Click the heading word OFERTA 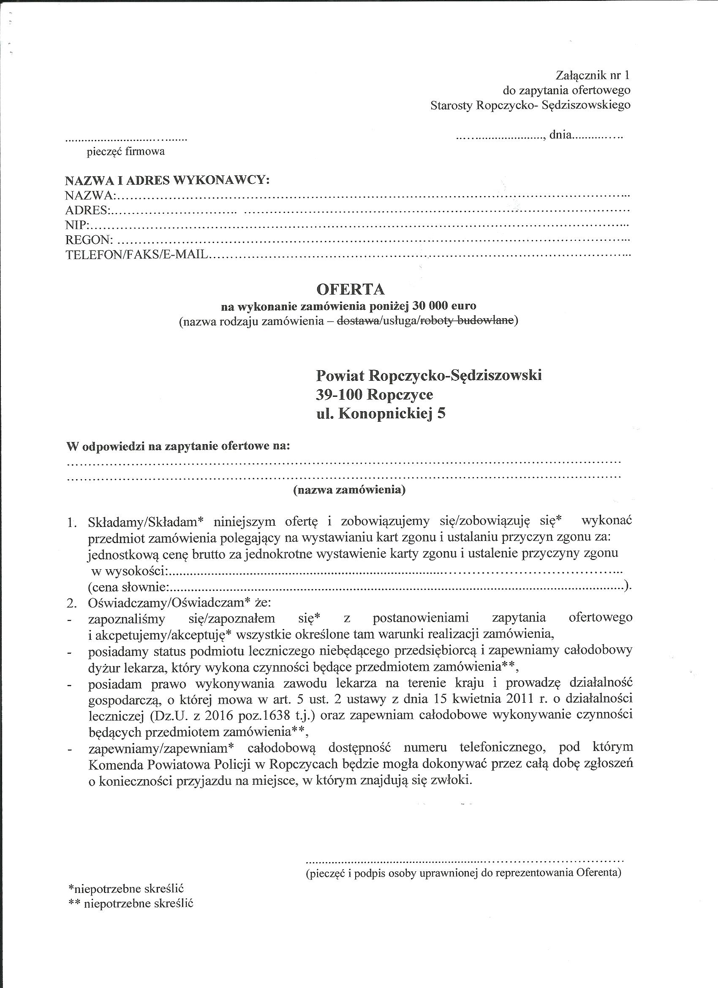(x=350, y=289)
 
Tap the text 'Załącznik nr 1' (x=593, y=75)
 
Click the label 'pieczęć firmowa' (x=126, y=152)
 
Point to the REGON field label (x=89, y=240)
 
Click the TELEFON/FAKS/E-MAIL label (x=137, y=254)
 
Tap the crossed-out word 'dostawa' (x=358, y=321)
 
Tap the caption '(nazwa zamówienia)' (x=350, y=490)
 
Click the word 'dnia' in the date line (x=560, y=135)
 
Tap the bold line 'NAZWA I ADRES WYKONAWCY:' (x=167, y=180)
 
